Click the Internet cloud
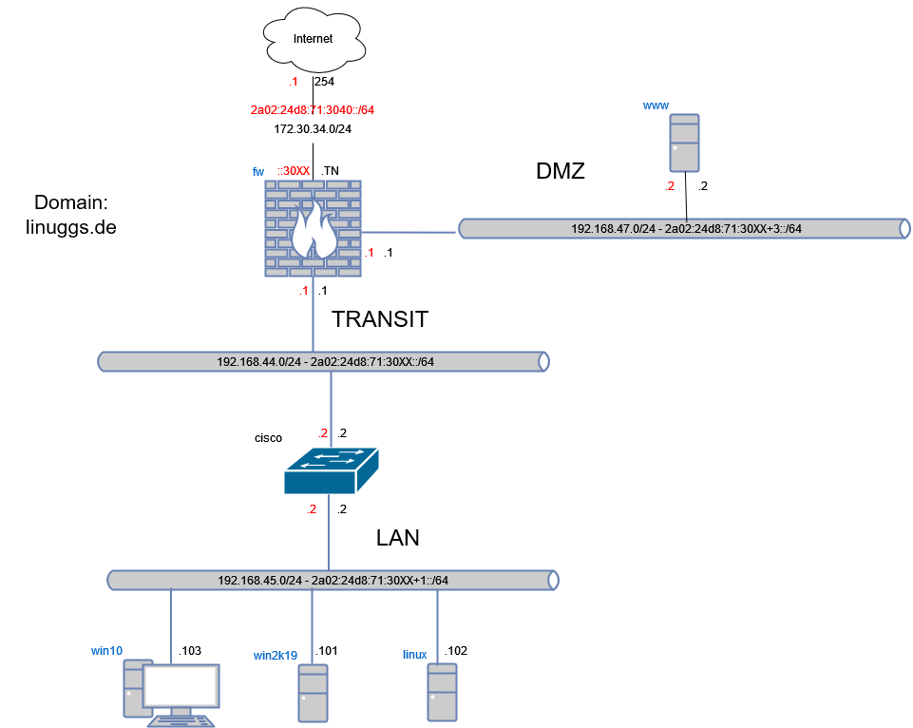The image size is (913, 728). (314, 41)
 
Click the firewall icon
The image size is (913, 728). (313, 228)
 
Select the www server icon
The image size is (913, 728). (684, 143)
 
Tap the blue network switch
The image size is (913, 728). (331, 470)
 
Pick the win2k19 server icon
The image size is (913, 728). (313, 693)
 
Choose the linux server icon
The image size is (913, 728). (442, 692)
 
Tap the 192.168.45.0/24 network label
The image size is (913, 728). (333, 581)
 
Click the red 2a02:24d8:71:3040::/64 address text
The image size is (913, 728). (313, 110)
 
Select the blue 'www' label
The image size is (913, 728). (656, 105)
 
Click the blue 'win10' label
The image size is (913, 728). (106, 651)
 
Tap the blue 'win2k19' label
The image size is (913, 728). (276, 656)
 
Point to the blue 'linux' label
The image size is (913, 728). (414, 655)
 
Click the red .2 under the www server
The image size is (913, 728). (669, 187)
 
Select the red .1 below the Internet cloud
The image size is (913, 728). (294, 83)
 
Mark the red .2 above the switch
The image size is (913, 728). (322, 433)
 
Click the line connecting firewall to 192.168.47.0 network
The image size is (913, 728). (409, 231)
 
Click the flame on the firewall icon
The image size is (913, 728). (313, 233)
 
